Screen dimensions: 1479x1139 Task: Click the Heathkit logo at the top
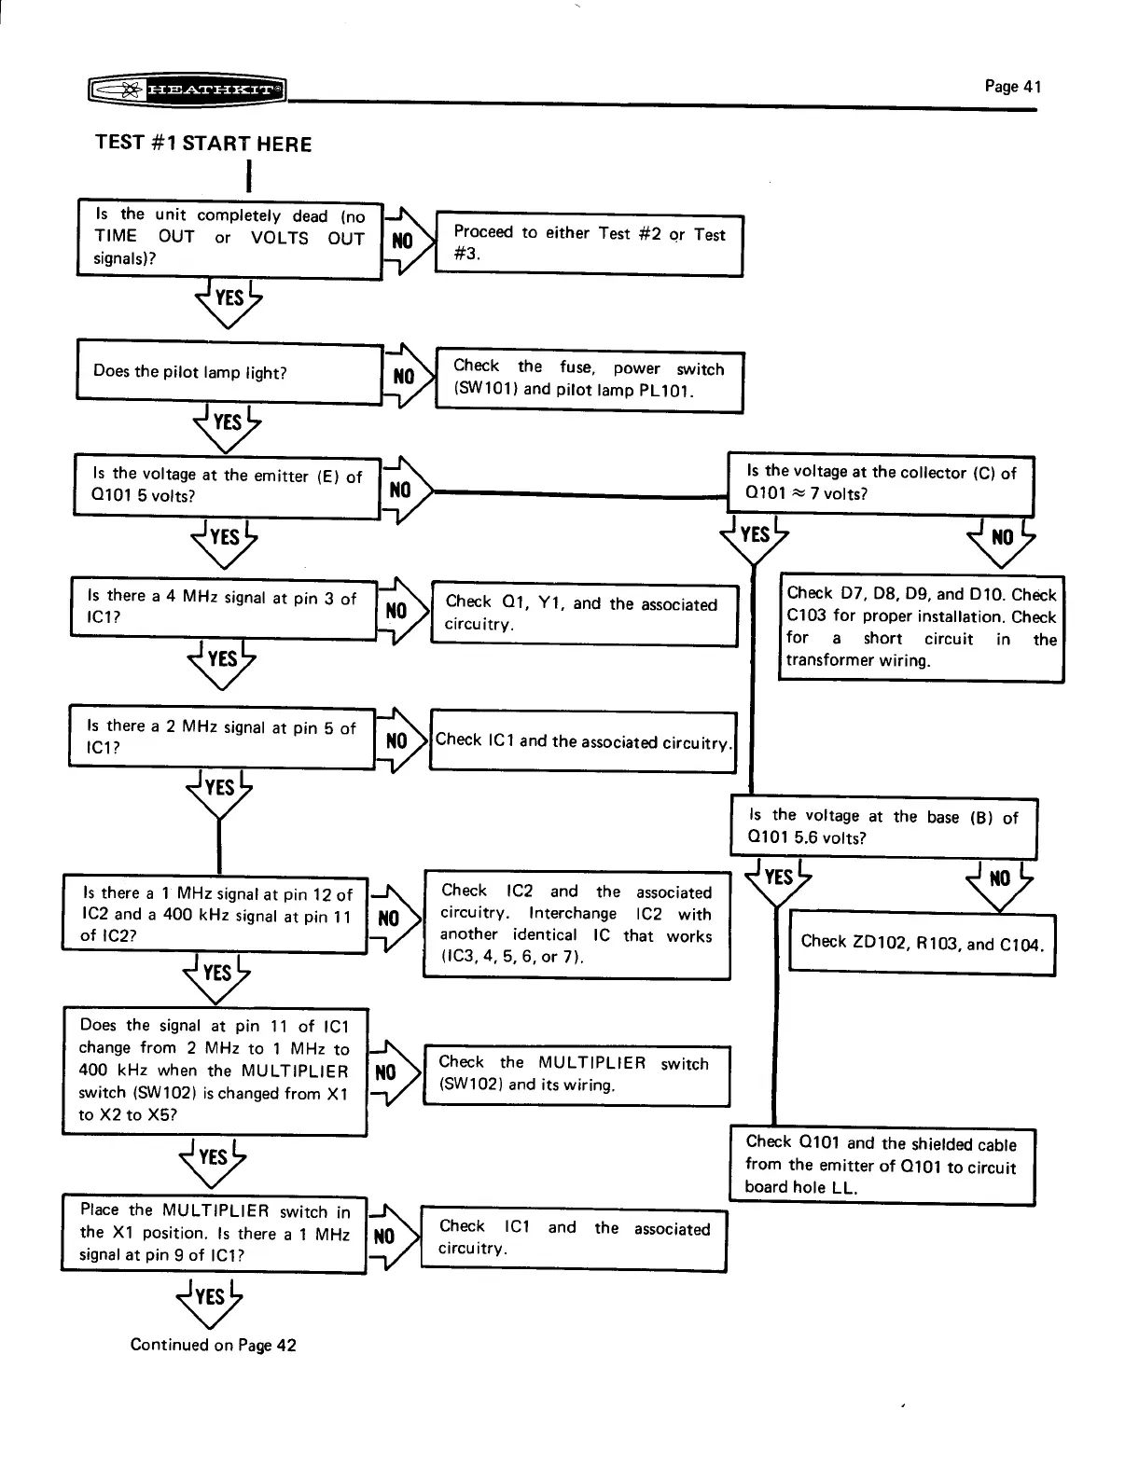click(x=186, y=90)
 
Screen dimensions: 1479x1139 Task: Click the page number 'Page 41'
click(x=1012, y=87)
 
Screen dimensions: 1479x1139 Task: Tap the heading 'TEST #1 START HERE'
click(x=203, y=144)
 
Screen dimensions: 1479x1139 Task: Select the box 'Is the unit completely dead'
click(x=229, y=238)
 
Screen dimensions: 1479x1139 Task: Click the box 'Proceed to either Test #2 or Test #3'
click(x=589, y=243)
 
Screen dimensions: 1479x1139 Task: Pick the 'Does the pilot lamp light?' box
click(x=229, y=372)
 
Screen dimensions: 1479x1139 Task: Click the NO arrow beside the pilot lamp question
click(x=405, y=376)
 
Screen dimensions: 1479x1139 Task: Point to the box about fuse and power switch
click(x=589, y=380)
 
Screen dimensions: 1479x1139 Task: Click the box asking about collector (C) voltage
click(x=881, y=483)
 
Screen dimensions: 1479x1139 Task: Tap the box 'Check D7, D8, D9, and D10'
click(x=921, y=627)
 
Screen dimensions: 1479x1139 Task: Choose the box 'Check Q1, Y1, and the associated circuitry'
click(x=584, y=614)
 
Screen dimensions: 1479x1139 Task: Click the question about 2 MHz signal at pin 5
click(x=222, y=737)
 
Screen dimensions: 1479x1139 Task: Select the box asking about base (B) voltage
click(x=882, y=826)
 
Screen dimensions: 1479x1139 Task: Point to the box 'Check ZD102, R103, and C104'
click(x=922, y=943)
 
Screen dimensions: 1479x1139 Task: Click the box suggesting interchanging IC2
click(x=576, y=923)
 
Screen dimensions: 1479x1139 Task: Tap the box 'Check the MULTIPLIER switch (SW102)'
click(x=576, y=1074)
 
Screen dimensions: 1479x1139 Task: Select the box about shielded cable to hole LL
click(x=882, y=1165)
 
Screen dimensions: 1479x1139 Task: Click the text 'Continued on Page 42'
click(x=213, y=1345)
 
